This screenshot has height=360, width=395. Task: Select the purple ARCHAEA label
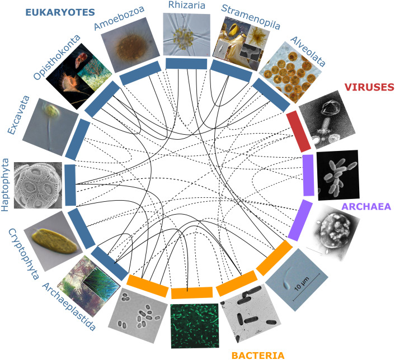(x=366, y=207)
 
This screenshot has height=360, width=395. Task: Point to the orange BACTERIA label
(x=257, y=353)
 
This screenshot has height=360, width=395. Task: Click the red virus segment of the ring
(x=298, y=132)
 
